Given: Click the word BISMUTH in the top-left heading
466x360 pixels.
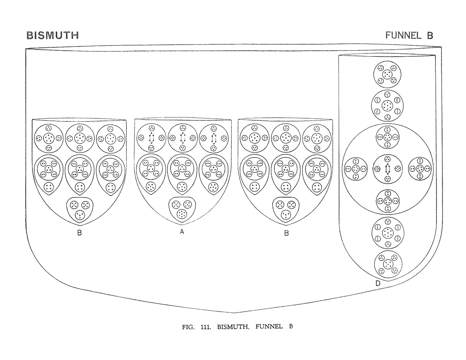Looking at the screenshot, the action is (x=52, y=35).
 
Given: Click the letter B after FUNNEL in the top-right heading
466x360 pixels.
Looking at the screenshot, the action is (x=430, y=35).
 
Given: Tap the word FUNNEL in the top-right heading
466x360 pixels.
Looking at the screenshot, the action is (x=403, y=35).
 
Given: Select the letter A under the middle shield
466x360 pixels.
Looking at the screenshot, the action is (x=182, y=232).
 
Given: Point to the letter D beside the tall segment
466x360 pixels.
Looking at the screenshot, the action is (x=378, y=283).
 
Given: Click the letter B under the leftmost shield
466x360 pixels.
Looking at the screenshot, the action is (x=80, y=233).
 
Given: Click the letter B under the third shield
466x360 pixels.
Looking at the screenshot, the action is (x=287, y=233).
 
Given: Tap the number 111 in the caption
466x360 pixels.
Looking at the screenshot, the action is (x=206, y=327).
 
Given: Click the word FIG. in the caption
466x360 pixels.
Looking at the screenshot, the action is (x=188, y=327).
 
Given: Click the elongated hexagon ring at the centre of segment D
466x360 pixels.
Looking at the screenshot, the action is (x=388, y=169).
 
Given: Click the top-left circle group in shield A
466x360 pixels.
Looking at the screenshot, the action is (x=151, y=138).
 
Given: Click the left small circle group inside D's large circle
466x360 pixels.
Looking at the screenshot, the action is (x=356, y=169).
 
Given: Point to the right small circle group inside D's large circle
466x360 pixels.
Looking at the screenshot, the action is (x=420, y=169).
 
